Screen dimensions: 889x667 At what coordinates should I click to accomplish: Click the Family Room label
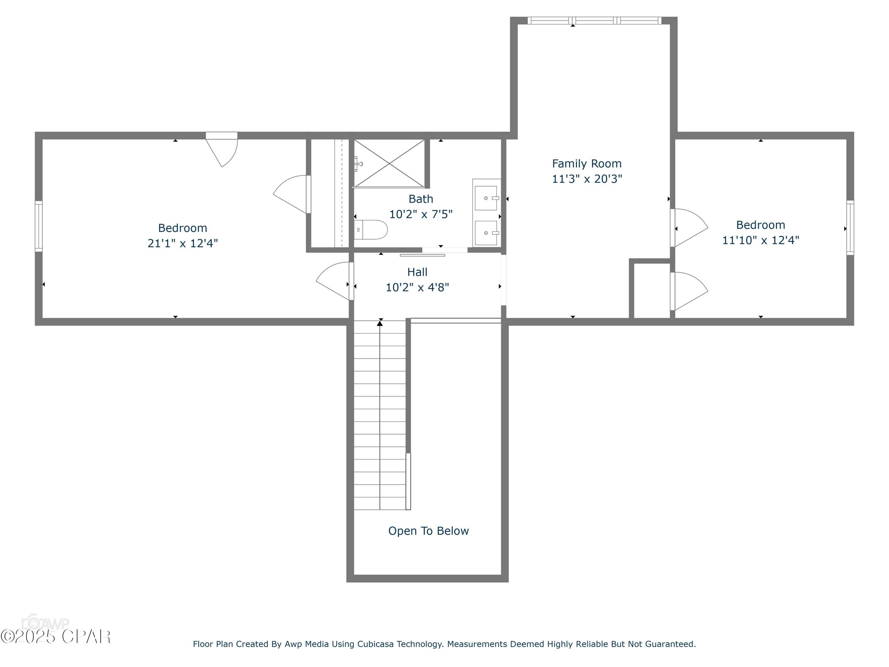pyautogui.click(x=587, y=164)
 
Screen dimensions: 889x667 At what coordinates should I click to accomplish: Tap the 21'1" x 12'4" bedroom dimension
pyautogui.click(x=183, y=243)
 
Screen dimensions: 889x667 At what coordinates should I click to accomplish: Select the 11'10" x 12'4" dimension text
pyautogui.click(x=760, y=240)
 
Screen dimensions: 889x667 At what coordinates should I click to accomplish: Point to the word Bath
pyautogui.click(x=421, y=199)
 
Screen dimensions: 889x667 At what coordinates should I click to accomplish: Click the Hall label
pyautogui.click(x=417, y=272)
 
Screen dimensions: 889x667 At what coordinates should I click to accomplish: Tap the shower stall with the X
pyautogui.click(x=389, y=163)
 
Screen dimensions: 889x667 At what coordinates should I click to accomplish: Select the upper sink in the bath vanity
pyautogui.click(x=486, y=198)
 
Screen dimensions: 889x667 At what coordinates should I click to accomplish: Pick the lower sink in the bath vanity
pyautogui.click(x=486, y=233)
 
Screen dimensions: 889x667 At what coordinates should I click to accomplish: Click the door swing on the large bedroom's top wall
pyautogui.click(x=222, y=150)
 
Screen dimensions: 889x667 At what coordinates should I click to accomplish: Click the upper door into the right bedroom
pyautogui.click(x=689, y=228)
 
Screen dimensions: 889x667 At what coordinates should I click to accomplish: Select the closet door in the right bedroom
pyautogui.click(x=689, y=291)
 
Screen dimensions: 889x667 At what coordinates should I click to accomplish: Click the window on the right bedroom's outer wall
pyautogui.click(x=850, y=228)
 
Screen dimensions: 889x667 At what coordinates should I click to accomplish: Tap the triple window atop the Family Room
pyautogui.click(x=594, y=20)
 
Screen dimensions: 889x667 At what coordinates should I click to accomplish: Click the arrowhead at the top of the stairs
pyautogui.click(x=380, y=323)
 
